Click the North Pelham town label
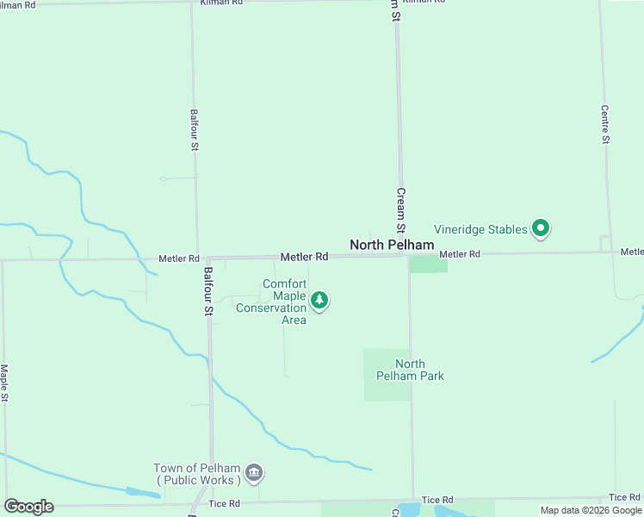pos(392,246)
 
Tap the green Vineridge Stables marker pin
pos(542,228)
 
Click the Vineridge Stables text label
pos(480,229)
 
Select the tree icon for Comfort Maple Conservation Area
pos(320,301)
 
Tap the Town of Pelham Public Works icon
pos(254,472)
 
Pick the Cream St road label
pos(400,211)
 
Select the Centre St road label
pos(605,125)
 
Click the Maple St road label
pos(4,383)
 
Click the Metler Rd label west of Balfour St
pos(179,258)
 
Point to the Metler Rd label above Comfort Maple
pos(305,257)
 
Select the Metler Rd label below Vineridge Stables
pos(459,254)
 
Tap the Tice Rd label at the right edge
pos(624,497)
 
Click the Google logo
pos(28,507)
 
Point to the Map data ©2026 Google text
pos(591,510)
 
